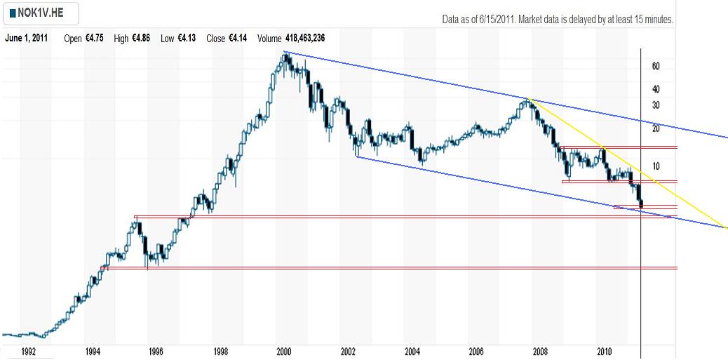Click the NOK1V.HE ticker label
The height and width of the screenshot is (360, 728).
coord(43,13)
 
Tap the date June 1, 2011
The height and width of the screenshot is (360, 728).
coord(27,38)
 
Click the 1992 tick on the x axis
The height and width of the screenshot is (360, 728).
coord(29,351)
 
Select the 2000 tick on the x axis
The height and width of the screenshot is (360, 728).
coord(284,351)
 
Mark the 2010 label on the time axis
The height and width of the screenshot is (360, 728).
coord(605,351)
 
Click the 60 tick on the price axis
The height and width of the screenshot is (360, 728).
coord(656,67)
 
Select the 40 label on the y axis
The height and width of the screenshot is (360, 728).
coord(656,89)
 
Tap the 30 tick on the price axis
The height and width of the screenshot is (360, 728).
coord(656,105)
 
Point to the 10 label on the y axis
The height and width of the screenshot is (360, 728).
coord(656,166)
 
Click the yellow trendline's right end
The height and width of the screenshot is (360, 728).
coord(726,228)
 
